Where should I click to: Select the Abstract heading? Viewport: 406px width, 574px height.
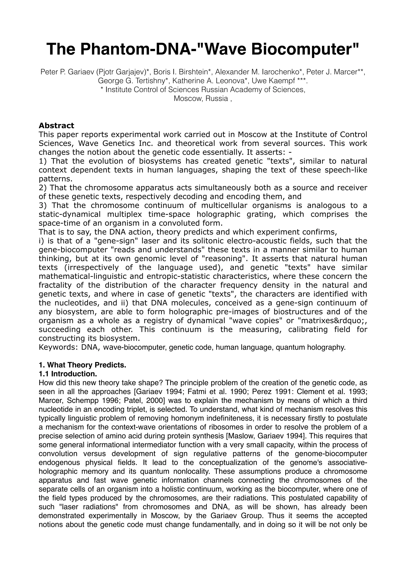(56, 126)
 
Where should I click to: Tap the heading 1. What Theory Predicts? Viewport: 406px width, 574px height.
(82, 365)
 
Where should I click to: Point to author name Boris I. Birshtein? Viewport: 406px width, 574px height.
(181, 72)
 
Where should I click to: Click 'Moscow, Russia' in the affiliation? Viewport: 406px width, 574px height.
(201, 98)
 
